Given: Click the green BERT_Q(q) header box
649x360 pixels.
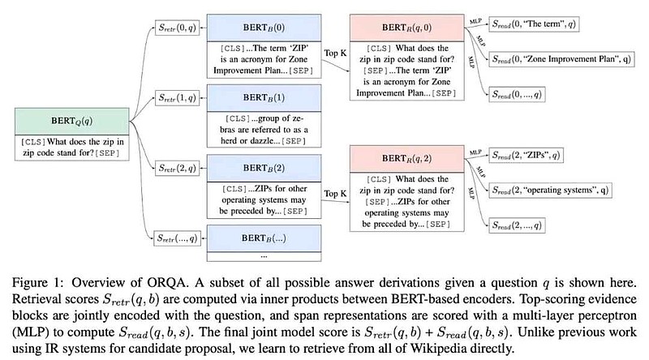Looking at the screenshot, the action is pyautogui.click(x=71, y=122).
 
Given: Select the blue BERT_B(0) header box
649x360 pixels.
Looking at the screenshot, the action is pyautogui.click(x=264, y=28).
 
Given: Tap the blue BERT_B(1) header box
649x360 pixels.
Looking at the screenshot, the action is pyautogui.click(x=264, y=98).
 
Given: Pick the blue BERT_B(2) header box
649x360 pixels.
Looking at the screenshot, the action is pyautogui.click(x=264, y=169).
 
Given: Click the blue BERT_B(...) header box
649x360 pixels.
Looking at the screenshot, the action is pyautogui.click(x=264, y=238).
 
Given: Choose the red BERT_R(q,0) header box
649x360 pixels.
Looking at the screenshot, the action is pyautogui.click(x=407, y=28).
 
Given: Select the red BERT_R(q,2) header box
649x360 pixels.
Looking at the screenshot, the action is pyautogui.click(x=407, y=159).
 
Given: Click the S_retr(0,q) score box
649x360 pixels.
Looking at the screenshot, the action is pyautogui.click(x=177, y=28).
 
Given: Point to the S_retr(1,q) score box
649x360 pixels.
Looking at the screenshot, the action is pyautogui.click(x=177, y=98).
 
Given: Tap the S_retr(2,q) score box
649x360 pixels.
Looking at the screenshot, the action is pyautogui.click(x=177, y=169).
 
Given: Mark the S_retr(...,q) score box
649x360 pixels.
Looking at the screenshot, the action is pyautogui.click(x=177, y=238).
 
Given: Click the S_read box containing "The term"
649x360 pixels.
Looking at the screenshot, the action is pyautogui.click(x=534, y=24).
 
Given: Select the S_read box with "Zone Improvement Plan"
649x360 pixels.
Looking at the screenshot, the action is pyautogui.click(x=561, y=59).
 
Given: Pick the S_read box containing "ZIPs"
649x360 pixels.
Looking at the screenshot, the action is pyautogui.click(x=526, y=156).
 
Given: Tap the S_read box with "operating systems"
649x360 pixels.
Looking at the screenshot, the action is pyautogui.click(x=550, y=191).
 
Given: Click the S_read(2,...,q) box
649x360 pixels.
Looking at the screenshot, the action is pyautogui.click(x=517, y=225).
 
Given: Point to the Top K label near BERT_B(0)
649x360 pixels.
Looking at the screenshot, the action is pyautogui.click(x=335, y=54).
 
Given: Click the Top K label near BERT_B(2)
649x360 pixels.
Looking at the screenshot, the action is pyautogui.click(x=335, y=194).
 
